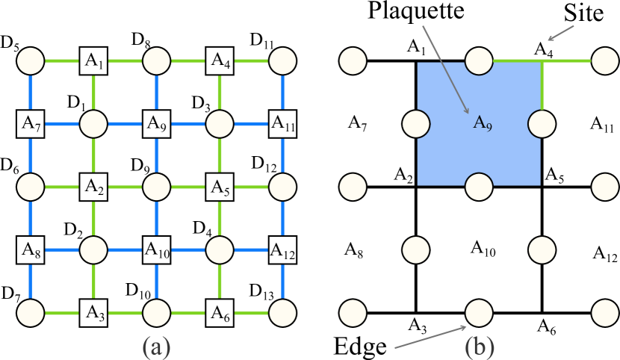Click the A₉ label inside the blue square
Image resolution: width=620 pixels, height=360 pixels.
[483, 122]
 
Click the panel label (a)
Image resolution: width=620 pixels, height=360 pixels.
[156, 346]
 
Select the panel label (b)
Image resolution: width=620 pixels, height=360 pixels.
[480, 346]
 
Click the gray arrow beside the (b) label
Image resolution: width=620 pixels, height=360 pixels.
[430, 337]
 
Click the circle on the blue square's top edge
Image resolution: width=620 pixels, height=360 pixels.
[479, 60]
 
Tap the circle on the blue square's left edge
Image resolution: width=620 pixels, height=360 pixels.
[416, 123]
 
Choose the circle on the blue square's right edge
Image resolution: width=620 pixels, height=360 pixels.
[542, 123]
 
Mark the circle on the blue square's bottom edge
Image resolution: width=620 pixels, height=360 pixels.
[479, 186]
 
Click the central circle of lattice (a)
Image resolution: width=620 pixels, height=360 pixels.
[156, 186]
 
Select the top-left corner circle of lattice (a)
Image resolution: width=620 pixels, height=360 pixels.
[31, 60]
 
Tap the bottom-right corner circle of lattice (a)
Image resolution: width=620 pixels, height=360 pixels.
[282, 311]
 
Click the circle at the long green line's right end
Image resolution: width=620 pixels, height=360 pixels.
[604, 60]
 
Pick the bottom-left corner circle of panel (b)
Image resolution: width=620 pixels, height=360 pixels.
[353, 311]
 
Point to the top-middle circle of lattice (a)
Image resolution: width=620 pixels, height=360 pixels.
[156, 60]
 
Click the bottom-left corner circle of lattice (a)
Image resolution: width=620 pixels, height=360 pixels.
[31, 311]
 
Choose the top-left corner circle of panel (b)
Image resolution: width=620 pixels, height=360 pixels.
[353, 60]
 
